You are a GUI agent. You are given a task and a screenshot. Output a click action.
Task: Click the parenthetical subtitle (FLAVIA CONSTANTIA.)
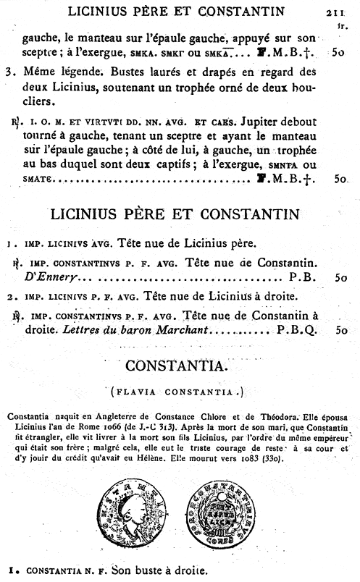(x=180, y=392)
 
